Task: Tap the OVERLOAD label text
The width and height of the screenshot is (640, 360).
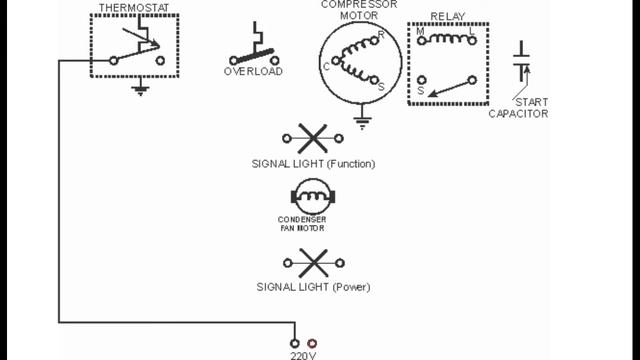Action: (x=253, y=71)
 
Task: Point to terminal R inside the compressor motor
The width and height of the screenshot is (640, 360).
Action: (x=380, y=36)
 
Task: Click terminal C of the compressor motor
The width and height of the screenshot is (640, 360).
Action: (x=327, y=67)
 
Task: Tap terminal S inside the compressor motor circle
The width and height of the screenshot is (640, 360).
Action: (x=381, y=88)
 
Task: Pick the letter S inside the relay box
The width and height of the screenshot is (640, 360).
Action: (x=421, y=91)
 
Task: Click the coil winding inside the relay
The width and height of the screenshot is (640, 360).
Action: (x=446, y=39)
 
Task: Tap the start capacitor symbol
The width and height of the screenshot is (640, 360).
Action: (x=521, y=62)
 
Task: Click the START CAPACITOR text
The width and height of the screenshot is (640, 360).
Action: (x=518, y=107)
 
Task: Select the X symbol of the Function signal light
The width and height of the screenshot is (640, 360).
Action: (x=313, y=138)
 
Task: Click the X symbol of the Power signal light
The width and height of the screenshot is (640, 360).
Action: (x=313, y=263)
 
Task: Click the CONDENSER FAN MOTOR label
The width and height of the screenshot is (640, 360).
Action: (x=302, y=224)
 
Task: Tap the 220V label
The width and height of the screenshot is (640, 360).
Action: (x=303, y=353)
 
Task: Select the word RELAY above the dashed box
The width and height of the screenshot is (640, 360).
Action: (x=447, y=17)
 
